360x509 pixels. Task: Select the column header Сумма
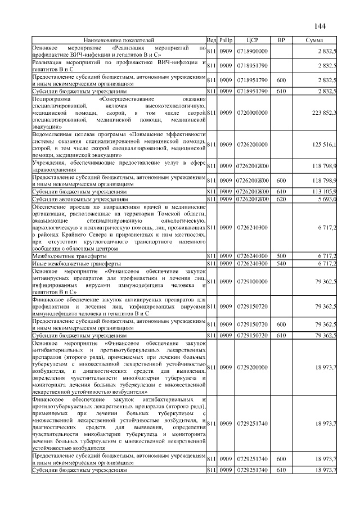pos(313,40)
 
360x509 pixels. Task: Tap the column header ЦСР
pos(251,40)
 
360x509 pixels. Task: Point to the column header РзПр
pos(226,40)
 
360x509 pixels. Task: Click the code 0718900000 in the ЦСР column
pos(251,51)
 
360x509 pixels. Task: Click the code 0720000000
pos(251,112)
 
